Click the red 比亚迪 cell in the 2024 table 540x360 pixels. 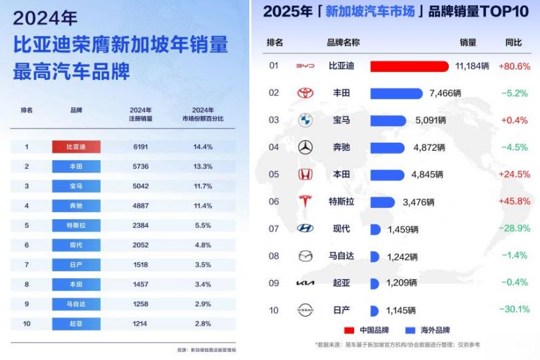tap(76, 147)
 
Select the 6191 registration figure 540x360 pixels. tap(140, 147)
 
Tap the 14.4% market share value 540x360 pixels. tap(202, 147)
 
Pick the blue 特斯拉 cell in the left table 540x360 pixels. tap(76, 225)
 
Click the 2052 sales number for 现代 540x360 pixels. tap(140, 245)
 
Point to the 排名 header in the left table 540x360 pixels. tap(27, 110)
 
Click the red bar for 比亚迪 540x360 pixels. tap(409, 66)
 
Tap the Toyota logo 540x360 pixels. tap(305, 93)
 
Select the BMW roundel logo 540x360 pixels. tap(305, 121)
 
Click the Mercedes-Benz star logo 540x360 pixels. tap(305, 147)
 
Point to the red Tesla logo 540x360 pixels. tap(305, 201)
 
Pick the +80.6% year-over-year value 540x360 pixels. tap(514, 66)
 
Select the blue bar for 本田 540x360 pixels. tap(387, 175)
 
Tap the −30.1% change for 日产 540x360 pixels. tap(515, 309)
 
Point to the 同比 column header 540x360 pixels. tap(513, 43)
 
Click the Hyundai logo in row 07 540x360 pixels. tap(305, 229)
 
